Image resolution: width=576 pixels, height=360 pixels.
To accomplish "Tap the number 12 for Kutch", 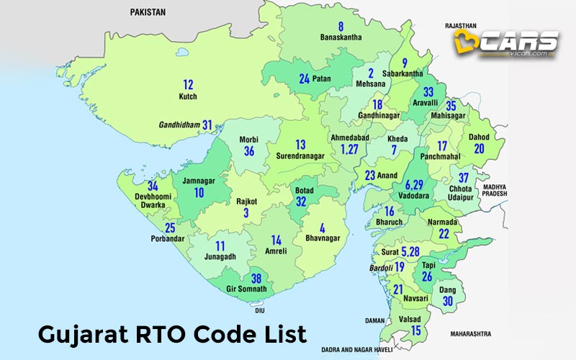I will point(188,84).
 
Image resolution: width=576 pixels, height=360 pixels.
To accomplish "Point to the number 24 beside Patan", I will point(305,78).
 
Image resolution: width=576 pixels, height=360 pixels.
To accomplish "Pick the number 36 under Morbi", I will point(249,151).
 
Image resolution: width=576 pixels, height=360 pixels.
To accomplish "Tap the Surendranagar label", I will point(301,156).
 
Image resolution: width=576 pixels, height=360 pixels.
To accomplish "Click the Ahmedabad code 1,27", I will point(349,150).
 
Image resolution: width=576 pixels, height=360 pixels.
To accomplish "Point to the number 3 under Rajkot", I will point(246,213).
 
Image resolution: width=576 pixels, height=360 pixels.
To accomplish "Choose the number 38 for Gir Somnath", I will point(255,279).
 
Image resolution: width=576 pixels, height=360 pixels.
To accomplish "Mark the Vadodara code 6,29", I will point(418,185).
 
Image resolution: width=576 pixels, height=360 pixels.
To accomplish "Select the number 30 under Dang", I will point(448,302).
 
